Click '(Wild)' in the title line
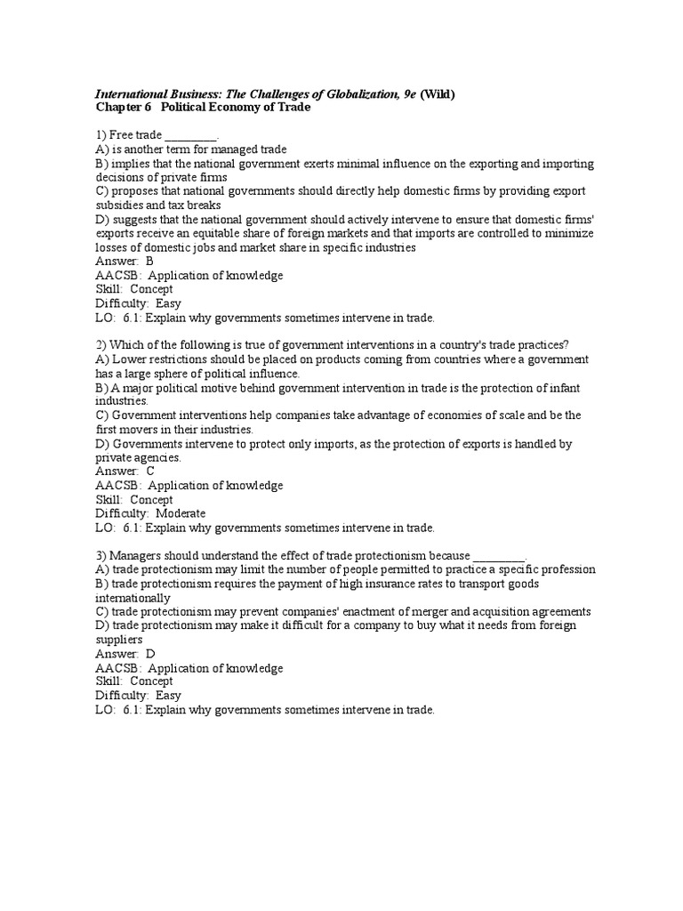(x=437, y=95)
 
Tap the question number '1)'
(x=101, y=135)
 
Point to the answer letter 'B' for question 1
(x=149, y=262)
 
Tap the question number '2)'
(x=101, y=345)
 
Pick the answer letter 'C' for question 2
(x=149, y=472)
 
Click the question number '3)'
(x=101, y=555)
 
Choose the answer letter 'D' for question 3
(x=149, y=654)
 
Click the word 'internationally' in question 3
(x=133, y=598)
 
